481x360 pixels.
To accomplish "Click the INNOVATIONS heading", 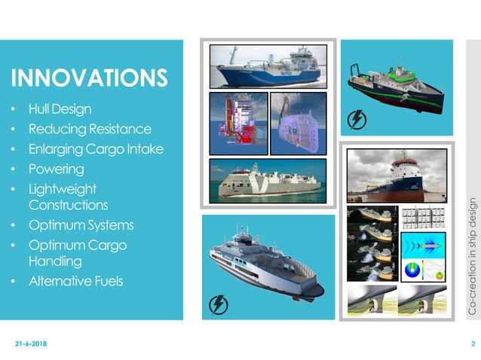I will click(x=88, y=78).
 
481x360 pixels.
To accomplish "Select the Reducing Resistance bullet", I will click(x=90, y=130).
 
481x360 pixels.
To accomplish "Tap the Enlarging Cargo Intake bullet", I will click(x=95, y=148).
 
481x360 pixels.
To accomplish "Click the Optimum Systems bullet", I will click(x=81, y=225).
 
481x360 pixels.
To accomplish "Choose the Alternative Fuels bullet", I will click(x=75, y=282).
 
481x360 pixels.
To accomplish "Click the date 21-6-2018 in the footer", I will click(x=30, y=344).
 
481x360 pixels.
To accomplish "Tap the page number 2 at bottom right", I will click(x=473, y=344).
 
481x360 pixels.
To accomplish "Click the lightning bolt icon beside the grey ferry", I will click(x=219, y=304).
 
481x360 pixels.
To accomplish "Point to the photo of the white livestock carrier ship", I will click(x=268, y=181).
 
